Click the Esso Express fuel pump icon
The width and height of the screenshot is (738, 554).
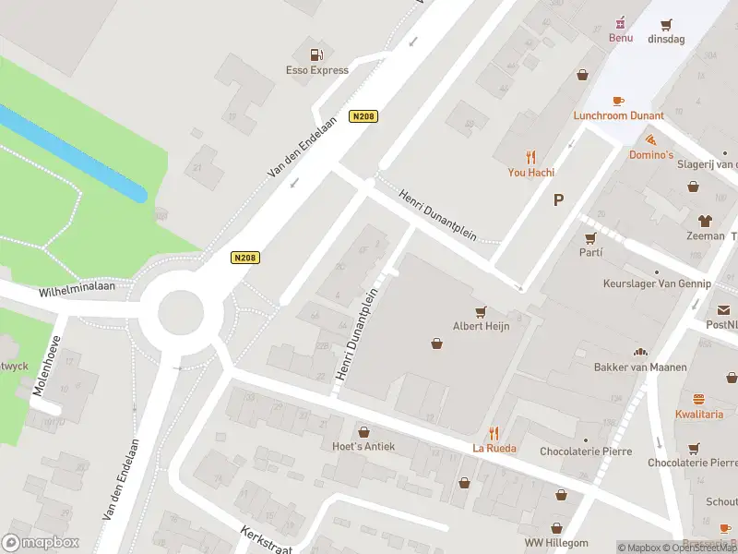click(x=315, y=54)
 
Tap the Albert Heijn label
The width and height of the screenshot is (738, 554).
click(x=481, y=325)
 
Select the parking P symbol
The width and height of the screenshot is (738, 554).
click(x=558, y=199)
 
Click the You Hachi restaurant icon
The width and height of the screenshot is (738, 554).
click(x=530, y=156)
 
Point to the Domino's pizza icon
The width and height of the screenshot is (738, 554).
click(x=651, y=139)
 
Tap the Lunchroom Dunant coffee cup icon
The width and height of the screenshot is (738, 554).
click(x=617, y=101)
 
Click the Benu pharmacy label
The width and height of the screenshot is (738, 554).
click(x=620, y=38)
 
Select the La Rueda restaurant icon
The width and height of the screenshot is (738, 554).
click(x=494, y=432)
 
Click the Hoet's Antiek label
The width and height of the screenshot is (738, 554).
click(x=363, y=446)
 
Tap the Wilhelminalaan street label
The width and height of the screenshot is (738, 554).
click(x=77, y=290)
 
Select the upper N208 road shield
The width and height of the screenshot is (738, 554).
click(x=363, y=116)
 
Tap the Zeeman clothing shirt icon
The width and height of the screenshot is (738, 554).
click(x=706, y=221)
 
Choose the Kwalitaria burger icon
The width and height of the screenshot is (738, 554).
click(x=698, y=399)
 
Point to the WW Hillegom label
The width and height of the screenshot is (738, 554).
click(x=556, y=542)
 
